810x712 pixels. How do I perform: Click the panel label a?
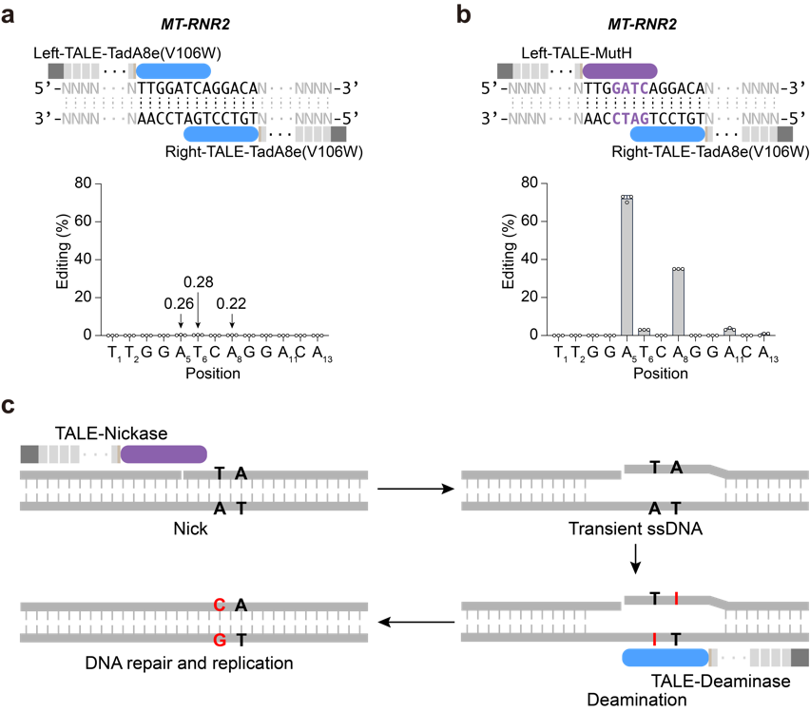8,15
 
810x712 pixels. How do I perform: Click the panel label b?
463,15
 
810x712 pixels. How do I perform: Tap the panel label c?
8,406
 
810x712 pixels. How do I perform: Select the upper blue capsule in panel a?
173,71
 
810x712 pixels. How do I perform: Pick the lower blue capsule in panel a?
220,134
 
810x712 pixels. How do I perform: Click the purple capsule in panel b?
620,71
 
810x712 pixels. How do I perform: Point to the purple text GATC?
629,88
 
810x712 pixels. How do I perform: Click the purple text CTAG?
629,119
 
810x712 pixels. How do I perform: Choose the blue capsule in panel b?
666,134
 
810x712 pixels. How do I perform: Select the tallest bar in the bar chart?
627,266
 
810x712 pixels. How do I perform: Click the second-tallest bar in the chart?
678,302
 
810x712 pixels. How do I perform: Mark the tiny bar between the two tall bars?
644,332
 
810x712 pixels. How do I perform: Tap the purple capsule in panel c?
164,454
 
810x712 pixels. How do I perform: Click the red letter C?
220,606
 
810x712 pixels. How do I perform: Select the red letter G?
220,641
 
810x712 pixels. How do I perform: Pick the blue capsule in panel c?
665,658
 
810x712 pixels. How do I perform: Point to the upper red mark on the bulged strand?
676,598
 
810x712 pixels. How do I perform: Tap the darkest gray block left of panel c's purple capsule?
29,454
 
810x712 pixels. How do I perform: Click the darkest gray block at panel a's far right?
338,134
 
